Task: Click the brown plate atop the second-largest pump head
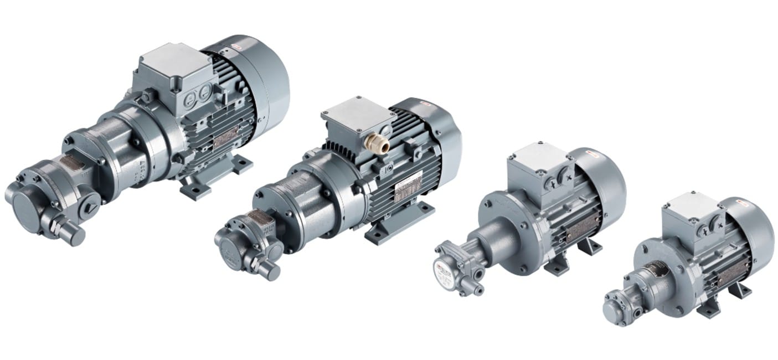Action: (259, 217)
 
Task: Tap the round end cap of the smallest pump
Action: (612, 306)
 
